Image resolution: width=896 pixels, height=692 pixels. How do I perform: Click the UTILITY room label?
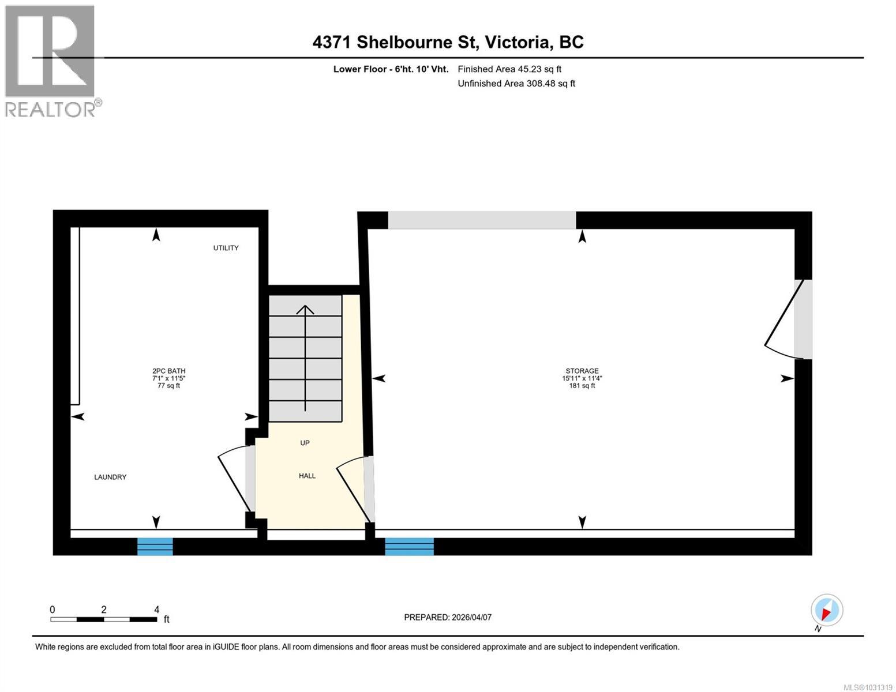pos(226,248)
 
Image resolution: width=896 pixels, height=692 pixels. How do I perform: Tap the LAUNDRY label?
pos(110,477)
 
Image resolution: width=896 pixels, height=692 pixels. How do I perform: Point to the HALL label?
pos(307,476)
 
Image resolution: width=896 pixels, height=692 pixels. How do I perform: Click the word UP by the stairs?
pos(305,443)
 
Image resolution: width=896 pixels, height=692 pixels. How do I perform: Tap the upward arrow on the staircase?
pos(305,358)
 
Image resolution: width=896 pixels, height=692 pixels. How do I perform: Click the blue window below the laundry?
pos(155,546)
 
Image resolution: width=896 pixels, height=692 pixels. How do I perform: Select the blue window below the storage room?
pos(409,546)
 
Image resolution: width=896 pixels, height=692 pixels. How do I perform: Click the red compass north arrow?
pos(827,611)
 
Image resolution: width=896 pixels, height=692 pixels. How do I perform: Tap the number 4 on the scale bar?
pos(156,610)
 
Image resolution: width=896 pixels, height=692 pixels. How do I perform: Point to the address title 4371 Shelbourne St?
pos(448,42)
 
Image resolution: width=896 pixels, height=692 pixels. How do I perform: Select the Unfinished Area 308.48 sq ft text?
pos(516,84)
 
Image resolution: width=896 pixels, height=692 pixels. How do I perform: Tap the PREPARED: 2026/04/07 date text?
pos(448,617)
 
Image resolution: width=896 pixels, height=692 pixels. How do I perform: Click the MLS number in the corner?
pos(868,687)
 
